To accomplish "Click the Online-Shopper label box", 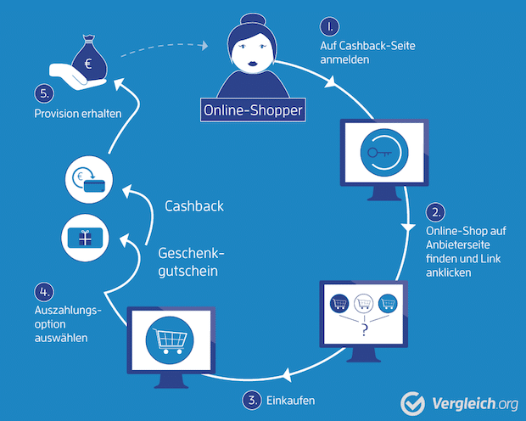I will point(252,110).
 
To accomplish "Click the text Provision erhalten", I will point(77,113).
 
